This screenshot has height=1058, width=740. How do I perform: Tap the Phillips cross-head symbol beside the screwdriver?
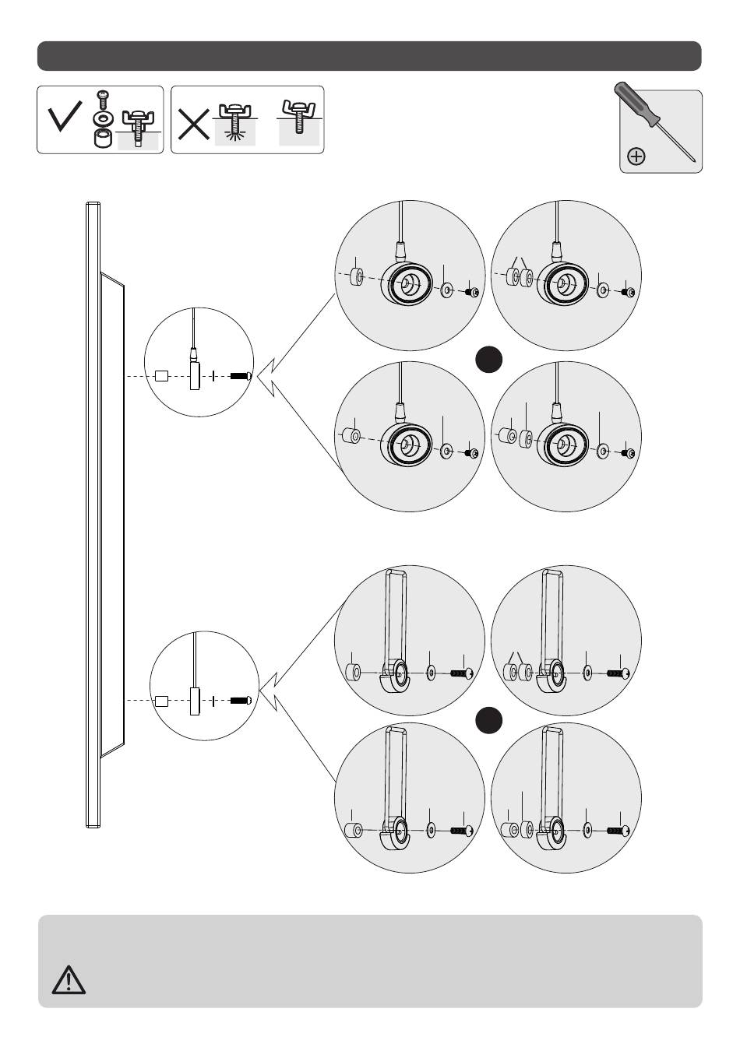(636, 156)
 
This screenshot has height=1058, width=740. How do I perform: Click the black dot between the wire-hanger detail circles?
(488, 360)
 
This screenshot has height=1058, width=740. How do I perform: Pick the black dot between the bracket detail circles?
(488, 720)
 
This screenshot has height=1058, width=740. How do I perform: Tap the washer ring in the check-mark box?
(101, 119)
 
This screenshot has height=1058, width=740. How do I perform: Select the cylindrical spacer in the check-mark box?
(101, 139)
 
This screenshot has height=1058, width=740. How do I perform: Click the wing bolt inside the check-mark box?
(138, 124)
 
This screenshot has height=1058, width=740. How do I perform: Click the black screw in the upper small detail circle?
(240, 377)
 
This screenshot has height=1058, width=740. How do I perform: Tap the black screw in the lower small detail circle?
(240, 701)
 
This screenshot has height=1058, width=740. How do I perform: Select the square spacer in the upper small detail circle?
(161, 377)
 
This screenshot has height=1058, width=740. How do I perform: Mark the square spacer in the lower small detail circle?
(161, 701)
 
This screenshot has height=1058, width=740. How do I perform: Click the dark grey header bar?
(369, 56)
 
